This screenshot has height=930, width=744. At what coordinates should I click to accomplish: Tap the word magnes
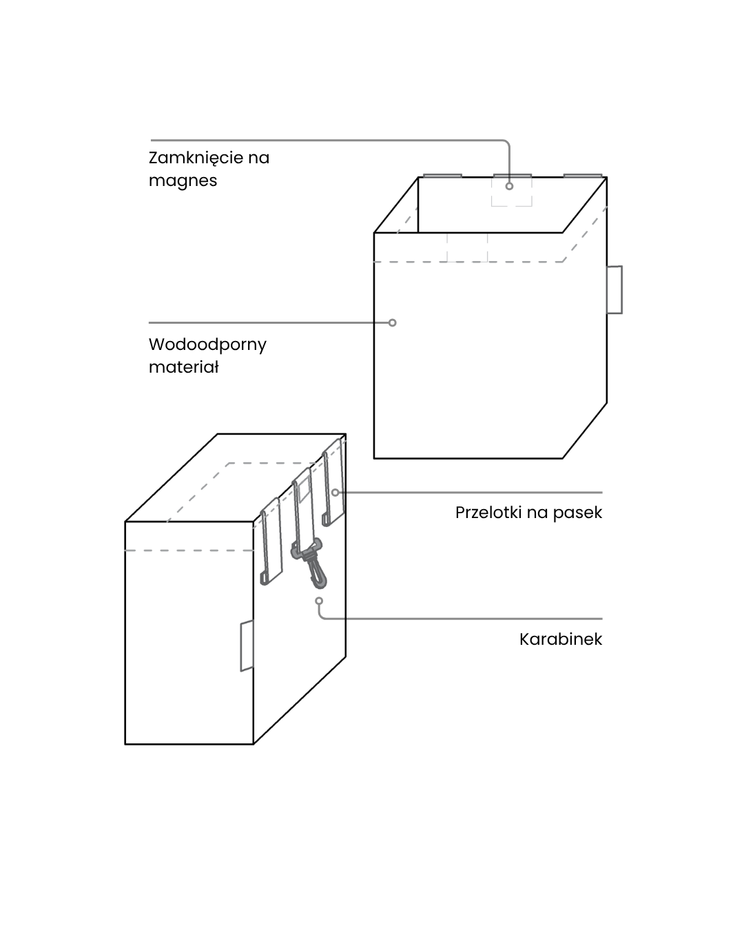coord(183,180)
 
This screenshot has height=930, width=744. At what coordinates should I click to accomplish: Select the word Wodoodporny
coord(207,344)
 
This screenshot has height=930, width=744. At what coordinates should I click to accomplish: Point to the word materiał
coord(183,367)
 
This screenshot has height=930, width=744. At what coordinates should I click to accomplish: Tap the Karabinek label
coord(560,639)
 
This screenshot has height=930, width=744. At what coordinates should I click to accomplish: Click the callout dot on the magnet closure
coord(510,186)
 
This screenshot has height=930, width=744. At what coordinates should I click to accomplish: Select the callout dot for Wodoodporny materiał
coord(392,322)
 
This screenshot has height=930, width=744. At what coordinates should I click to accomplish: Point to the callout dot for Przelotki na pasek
coord(335,493)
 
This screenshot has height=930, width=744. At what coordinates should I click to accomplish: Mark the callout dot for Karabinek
coord(319,601)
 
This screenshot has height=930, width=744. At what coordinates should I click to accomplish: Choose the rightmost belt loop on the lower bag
coord(333,482)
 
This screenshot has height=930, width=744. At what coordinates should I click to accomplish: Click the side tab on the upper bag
coord(614,289)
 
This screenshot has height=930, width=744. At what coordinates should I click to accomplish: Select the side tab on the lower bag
coord(247,645)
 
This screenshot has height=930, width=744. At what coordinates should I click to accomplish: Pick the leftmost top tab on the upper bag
coord(442,176)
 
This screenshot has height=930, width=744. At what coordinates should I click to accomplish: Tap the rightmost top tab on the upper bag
coord(583,176)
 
